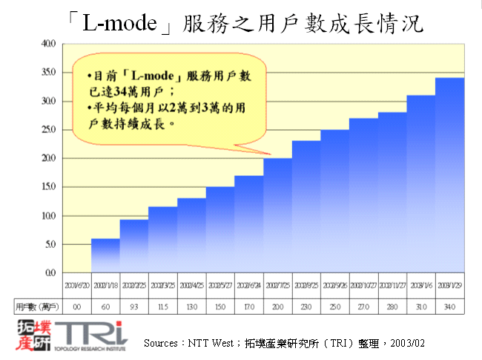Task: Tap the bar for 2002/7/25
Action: [277, 215]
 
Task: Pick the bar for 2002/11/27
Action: [392, 192]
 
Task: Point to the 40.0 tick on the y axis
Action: [48, 43]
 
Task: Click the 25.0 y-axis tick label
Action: [48, 129]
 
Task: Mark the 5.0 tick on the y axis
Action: [49, 244]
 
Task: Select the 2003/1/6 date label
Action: [420, 284]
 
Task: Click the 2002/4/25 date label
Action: [191, 284]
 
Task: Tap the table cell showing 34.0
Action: [449, 305]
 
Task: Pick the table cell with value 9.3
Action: [133, 305]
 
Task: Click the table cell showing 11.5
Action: [162, 305]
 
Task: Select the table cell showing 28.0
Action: [392, 305]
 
